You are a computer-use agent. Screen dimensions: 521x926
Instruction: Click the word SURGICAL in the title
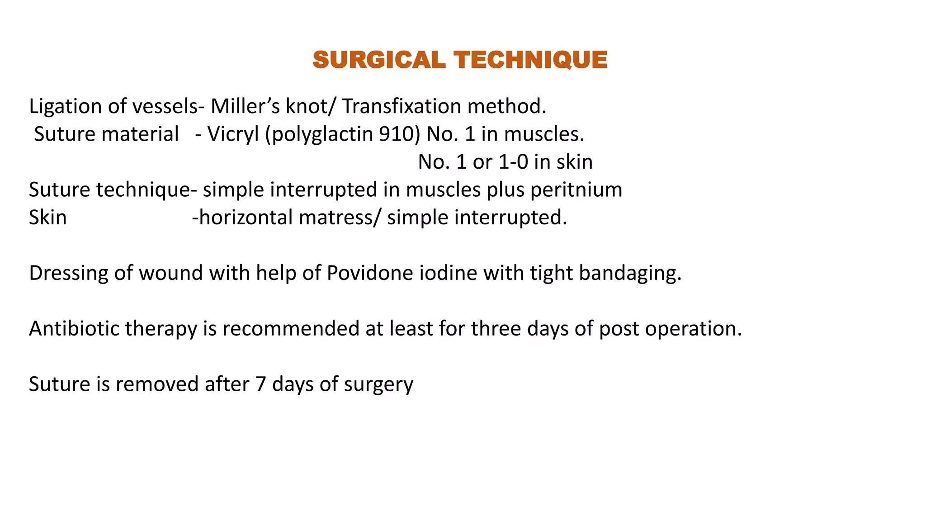[379, 60]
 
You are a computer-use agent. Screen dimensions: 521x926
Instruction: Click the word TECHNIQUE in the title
[531, 60]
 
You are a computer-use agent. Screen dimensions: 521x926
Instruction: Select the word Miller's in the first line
[245, 107]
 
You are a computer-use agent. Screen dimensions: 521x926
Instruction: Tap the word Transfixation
[402, 107]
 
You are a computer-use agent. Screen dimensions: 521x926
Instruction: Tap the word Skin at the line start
[48, 218]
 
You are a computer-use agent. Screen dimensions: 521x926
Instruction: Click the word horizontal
[246, 218]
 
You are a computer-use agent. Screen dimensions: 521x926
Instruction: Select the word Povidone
[370, 273]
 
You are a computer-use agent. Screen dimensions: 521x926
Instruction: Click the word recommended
[291, 329]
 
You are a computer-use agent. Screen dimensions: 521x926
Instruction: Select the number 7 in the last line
[260, 384]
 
